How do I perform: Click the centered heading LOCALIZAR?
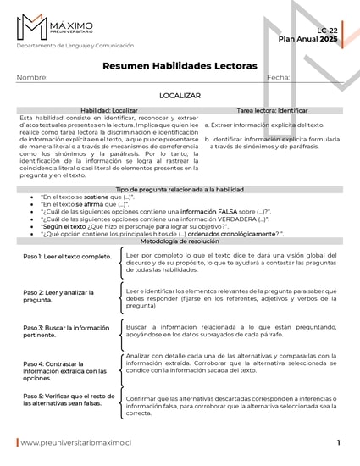click(179, 97)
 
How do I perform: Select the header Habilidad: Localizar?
click(108, 110)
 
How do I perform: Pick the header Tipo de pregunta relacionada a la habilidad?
click(179, 190)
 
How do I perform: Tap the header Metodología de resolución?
click(179, 241)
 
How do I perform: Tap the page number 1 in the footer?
click(338, 442)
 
